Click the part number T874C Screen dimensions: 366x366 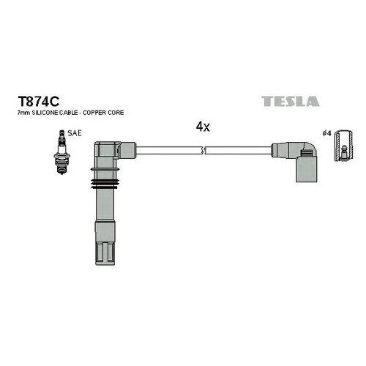[x=38, y=101]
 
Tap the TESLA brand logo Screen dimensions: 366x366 [x=291, y=101]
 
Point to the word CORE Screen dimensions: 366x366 [x=116, y=113]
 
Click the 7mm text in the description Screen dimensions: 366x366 [x=22, y=113]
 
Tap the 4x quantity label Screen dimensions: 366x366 [x=203, y=127]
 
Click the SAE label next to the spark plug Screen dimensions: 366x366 [x=75, y=133]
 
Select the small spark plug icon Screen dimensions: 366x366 [x=61, y=152]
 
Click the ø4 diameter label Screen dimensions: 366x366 [x=326, y=133]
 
